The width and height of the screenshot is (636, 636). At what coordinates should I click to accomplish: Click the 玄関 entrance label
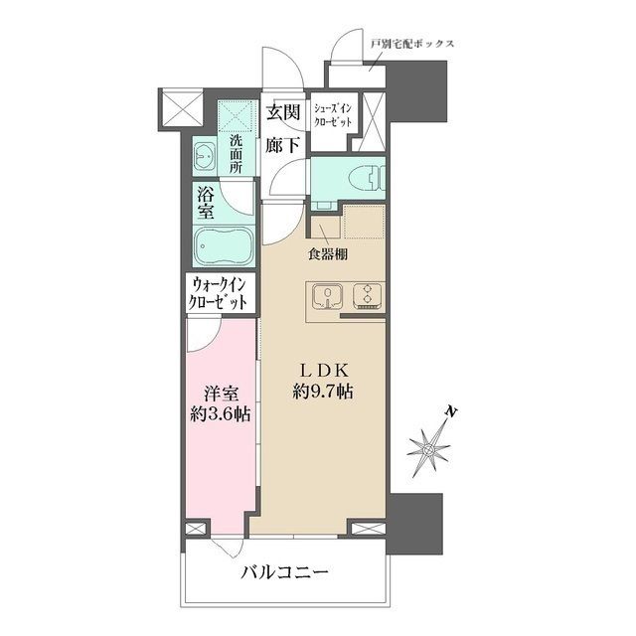click(283, 112)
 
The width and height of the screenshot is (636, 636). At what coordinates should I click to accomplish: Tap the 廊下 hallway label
click(283, 144)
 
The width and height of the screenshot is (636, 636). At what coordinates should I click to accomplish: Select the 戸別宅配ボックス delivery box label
click(411, 45)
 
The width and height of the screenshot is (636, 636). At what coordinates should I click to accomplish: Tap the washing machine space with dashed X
click(236, 116)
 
